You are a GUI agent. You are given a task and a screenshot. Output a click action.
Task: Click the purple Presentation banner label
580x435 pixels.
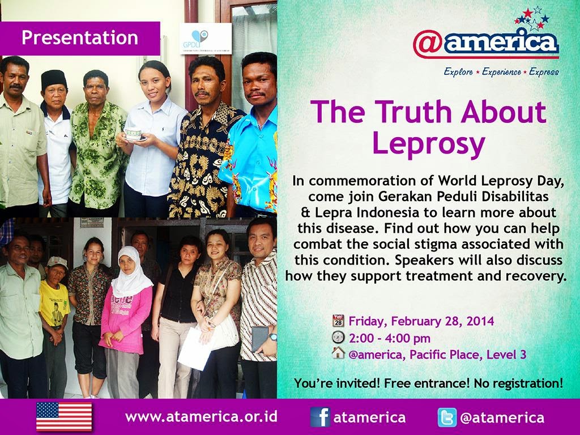tap(80, 38)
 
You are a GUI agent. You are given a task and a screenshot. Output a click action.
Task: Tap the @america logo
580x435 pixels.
tap(485, 44)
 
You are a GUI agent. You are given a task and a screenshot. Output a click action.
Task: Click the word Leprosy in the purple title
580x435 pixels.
tap(428, 143)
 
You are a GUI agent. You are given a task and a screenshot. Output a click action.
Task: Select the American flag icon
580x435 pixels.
tap(64, 417)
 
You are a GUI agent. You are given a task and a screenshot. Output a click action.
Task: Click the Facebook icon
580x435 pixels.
tap(321, 417)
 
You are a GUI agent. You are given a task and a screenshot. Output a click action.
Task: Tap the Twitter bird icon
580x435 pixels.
tap(447, 417)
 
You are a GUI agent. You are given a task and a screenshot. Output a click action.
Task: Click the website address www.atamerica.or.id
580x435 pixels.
tap(201, 417)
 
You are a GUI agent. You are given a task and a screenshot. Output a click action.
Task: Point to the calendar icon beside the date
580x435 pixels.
tap(338, 321)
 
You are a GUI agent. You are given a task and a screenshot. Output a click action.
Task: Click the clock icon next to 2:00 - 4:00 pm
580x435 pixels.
tap(338, 338)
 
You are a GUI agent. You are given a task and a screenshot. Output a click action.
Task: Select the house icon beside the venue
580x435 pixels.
tap(338, 353)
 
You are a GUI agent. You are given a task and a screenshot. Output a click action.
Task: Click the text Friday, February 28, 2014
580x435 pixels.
tap(421, 321)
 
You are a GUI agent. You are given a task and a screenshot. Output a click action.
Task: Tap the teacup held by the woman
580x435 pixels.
tap(133, 134)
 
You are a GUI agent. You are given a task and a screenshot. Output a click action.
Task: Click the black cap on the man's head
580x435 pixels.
tap(54, 79)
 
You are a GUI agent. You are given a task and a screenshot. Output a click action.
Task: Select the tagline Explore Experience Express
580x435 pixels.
tap(501, 72)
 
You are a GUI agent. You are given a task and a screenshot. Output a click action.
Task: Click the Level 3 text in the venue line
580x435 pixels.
tap(506, 355)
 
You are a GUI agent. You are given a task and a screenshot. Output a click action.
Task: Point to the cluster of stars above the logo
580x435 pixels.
tap(532, 18)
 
